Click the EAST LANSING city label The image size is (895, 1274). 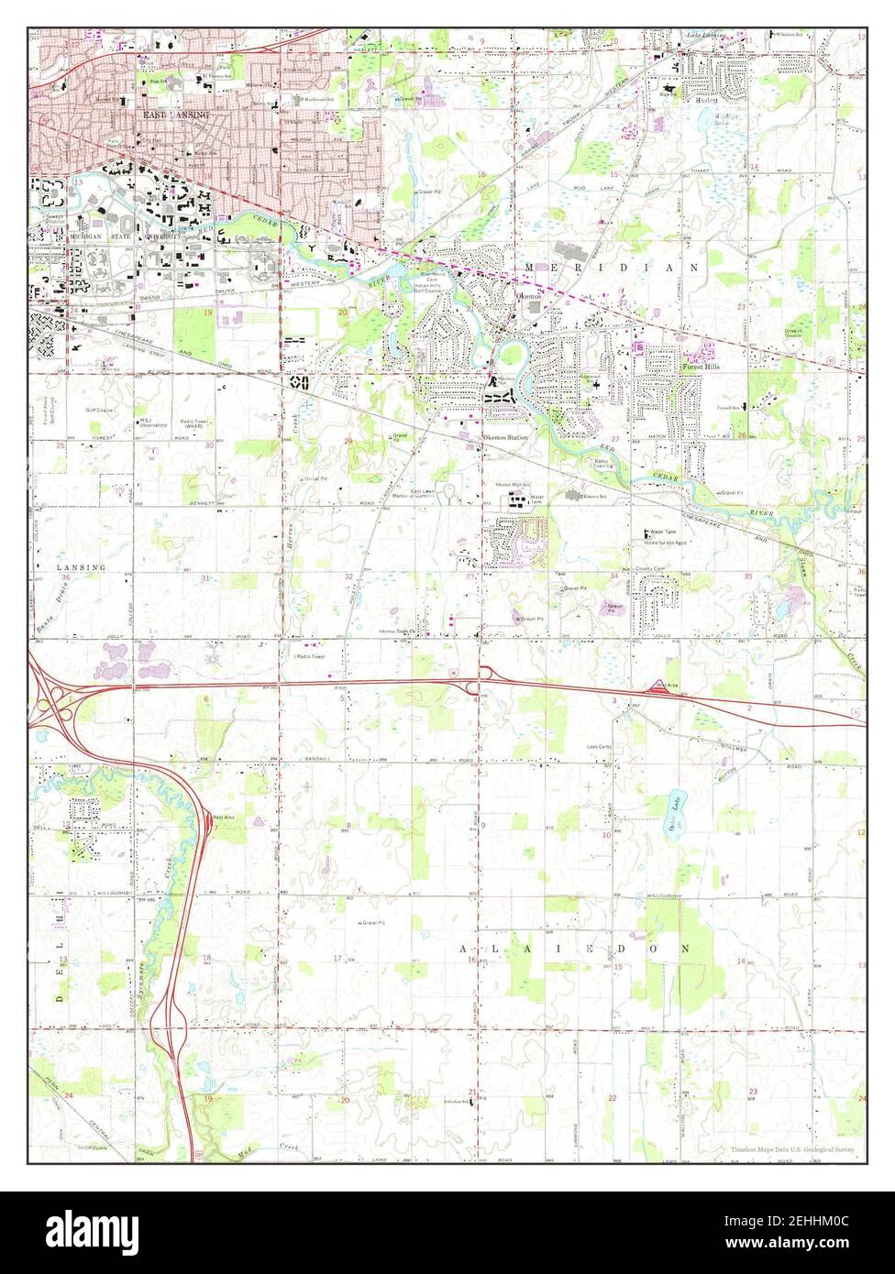pyautogui.click(x=176, y=115)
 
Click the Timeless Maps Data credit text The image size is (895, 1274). pyautogui.click(x=793, y=1149)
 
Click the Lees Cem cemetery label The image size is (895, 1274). pyautogui.click(x=600, y=747)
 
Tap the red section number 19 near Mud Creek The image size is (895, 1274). pyautogui.click(x=208, y=1098)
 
